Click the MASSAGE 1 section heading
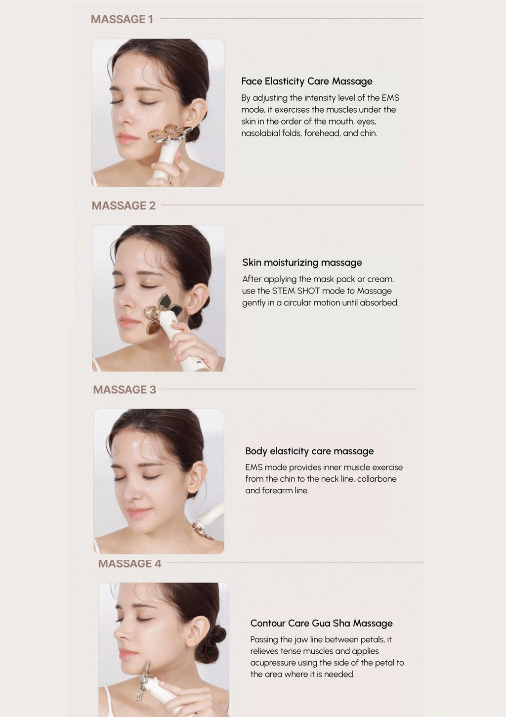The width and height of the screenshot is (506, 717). (122, 19)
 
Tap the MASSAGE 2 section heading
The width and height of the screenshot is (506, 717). (124, 206)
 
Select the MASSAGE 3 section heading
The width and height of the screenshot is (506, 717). (125, 389)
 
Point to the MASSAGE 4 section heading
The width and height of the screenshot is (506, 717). (129, 564)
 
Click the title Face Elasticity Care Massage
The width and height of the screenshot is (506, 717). (306, 82)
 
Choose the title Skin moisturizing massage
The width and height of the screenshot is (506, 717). (302, 262)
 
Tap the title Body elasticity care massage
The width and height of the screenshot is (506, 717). (309, 451)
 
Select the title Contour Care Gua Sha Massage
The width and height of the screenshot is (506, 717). (321, 623)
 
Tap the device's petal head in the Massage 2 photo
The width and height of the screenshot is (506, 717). (163, 314)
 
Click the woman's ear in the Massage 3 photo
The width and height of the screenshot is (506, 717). (196, 477)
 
